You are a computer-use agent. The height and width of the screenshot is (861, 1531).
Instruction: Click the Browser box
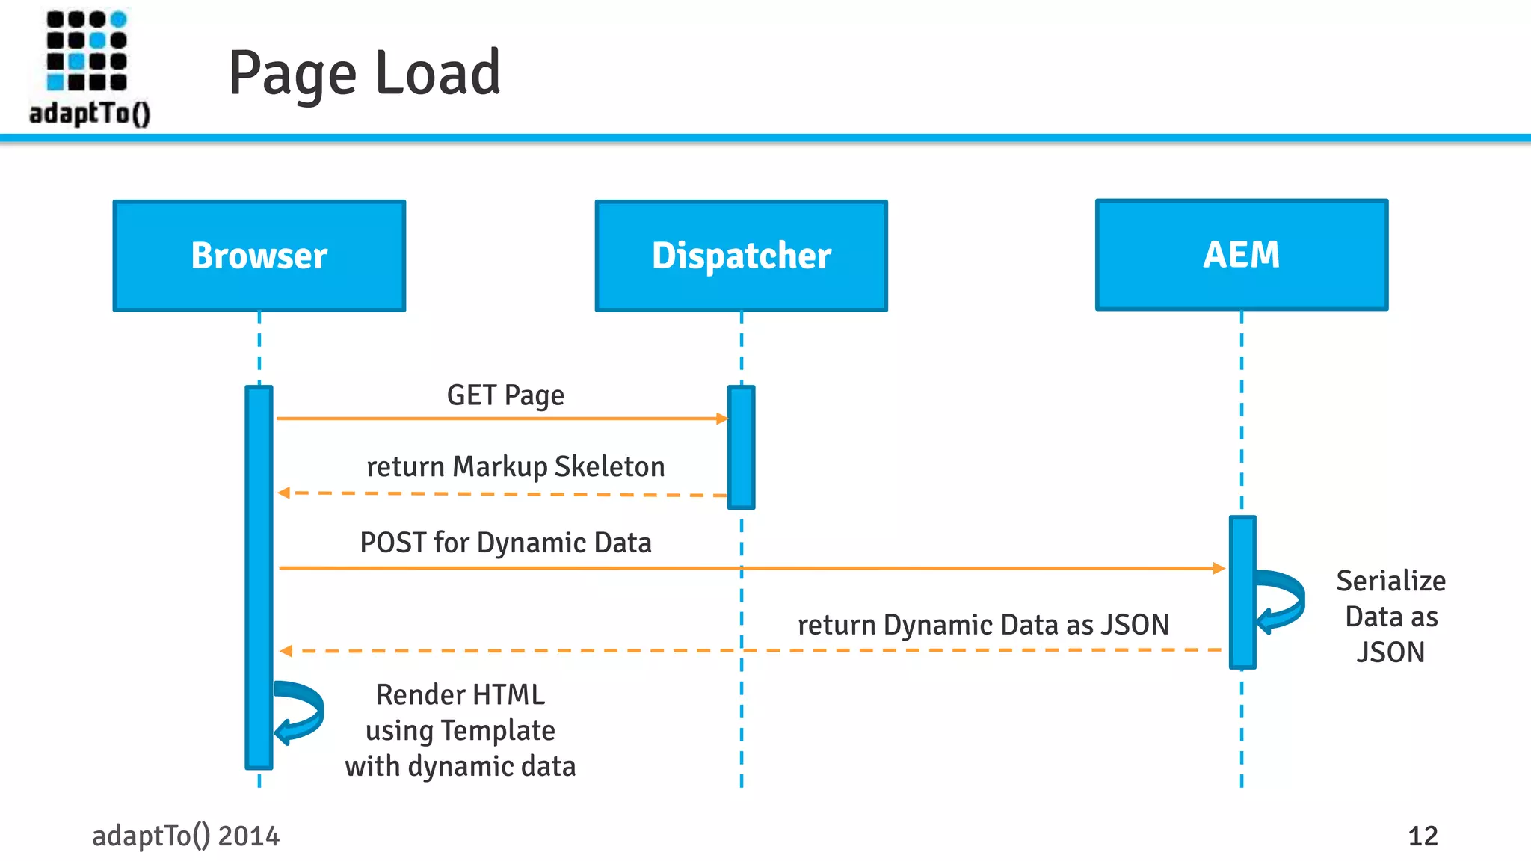click(259, 256)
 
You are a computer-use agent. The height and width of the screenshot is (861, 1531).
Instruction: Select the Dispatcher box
click(741, 256)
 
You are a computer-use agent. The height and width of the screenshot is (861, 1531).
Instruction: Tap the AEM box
click(1241, 255)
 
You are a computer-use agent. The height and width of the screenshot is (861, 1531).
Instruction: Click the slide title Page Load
click(364, 73)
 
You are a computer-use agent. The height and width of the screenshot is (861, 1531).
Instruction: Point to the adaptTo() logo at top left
click(88, 67)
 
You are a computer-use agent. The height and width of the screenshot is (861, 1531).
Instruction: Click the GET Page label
click(505, 395)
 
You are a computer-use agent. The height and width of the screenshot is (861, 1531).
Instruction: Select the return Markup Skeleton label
click(515, 466)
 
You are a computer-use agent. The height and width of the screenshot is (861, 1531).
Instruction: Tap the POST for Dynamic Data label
click(505, 543)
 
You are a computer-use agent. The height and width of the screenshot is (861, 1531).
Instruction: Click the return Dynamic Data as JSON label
click(982, 625)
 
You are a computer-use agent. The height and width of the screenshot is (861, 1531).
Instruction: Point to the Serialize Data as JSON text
click(1390, 617)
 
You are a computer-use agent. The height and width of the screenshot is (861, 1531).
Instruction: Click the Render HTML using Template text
click(460, 730)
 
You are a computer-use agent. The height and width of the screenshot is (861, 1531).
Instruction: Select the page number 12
click(1422, 836)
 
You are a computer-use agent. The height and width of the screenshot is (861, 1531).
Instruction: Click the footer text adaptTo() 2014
click(185, 836)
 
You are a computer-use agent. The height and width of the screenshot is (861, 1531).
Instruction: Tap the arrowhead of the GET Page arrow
click(722, 419)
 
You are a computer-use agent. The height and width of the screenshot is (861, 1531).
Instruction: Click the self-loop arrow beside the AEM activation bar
click(1283, 600)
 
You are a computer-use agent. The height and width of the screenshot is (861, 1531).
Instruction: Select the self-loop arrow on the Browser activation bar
click(301, 712)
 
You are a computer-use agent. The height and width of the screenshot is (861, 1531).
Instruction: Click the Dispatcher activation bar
click(741, 447)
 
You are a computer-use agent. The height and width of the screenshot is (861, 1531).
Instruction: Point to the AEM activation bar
click(1242, 592)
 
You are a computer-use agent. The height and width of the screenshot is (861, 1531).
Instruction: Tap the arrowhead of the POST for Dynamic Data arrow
click(1219, 568)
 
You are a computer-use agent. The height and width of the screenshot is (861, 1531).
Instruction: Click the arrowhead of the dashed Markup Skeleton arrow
click(283, 493)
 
